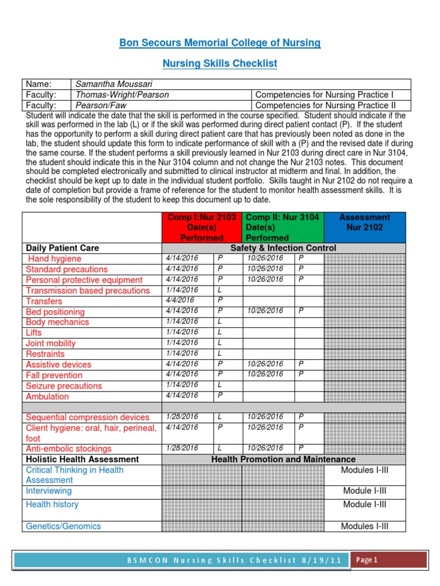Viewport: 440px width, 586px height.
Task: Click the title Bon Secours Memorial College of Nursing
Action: tap(220, 43)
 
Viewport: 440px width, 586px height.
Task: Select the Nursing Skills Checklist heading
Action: tap(220, 64)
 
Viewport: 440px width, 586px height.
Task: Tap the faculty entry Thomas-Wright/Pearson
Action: tap(119, 94)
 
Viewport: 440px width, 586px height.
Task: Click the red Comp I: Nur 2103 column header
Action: tap(202, 227)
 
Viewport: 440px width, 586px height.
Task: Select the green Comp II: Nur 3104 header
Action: tap(282, 227)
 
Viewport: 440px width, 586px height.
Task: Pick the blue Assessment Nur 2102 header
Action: tap(364, 223)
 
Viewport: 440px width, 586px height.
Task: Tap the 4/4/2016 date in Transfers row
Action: tap(179, 300)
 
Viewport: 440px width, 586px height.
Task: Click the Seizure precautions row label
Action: tap(64, 386)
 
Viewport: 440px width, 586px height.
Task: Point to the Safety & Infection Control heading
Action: tap(283, 248)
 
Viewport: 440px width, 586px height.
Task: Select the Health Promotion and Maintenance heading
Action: tap(283, 460)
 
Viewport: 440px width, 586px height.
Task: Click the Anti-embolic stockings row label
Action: tap(69, 449)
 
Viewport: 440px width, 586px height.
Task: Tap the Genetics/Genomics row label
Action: tap(63, 526)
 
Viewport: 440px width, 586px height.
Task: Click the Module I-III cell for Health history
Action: tap(364, 504)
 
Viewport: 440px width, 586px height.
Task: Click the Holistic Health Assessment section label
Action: tap(82, 460)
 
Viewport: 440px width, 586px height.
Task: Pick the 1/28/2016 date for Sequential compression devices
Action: tap(182, 417)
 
